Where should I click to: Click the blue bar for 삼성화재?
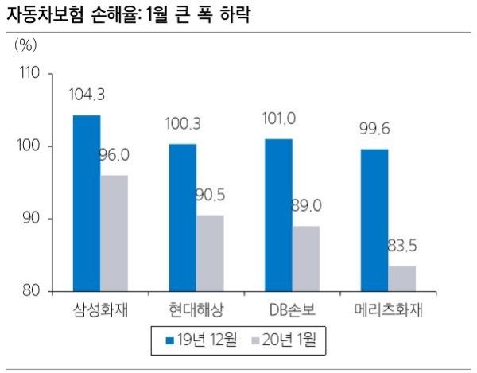(x=87, y=203)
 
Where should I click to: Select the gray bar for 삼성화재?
(x=114, y=232)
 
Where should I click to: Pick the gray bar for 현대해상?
(x=210, y=252)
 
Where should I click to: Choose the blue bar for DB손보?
(x=278, y=215)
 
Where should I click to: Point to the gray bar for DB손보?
(x=306, y=258)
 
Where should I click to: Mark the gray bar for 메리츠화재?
(x=401, y=278)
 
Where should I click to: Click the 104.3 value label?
(x=87, y=95)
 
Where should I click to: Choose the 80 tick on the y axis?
(x=32, y=291)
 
